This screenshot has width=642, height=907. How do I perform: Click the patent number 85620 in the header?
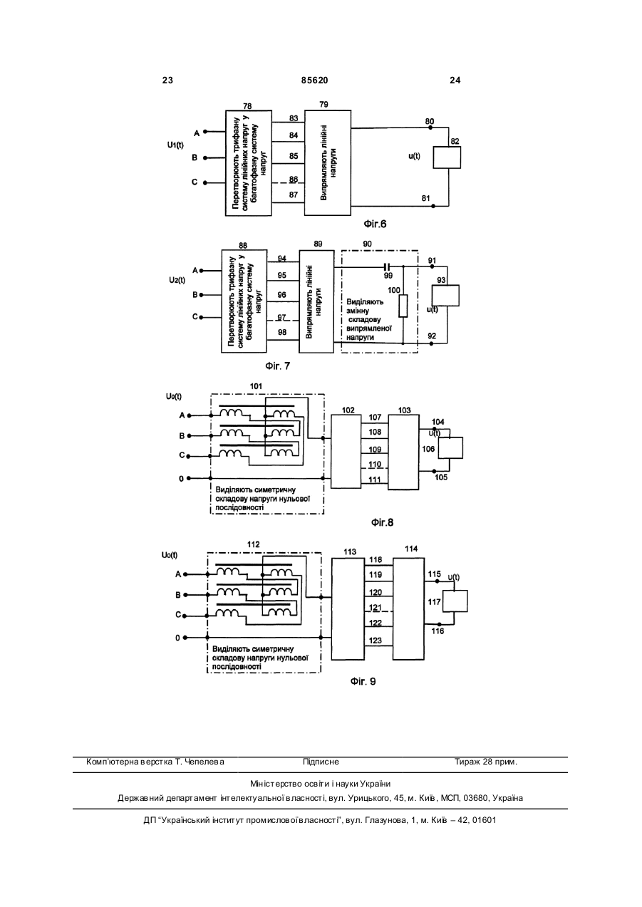[314, 81]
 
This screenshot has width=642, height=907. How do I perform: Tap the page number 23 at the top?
[167, 81]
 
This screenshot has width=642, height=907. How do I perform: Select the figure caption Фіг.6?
[375, 224]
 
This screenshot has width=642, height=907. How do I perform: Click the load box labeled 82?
[447, 157]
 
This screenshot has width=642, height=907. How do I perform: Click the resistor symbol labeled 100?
[403, 306]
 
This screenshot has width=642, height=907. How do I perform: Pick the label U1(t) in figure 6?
[175, 145]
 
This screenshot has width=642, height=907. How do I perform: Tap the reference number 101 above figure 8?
[256, 386]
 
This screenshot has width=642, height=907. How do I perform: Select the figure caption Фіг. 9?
[363, 681]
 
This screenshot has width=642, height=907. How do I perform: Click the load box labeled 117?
[455, 601]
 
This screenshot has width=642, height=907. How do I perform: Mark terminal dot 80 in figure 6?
[430, 128]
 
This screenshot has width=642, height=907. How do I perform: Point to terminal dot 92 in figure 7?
[432, 343]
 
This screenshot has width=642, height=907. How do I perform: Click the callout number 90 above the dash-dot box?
[367, 244]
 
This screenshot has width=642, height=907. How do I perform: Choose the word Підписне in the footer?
[321, 762]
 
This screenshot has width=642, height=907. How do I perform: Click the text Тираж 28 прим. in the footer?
[486, 762]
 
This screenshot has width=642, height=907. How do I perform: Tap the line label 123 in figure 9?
[376, 641]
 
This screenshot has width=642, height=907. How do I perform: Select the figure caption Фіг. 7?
[277, 366]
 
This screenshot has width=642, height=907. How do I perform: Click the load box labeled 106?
[451, 448]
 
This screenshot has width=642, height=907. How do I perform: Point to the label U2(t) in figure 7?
[177, 280]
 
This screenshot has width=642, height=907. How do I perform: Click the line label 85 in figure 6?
[294, 156]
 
